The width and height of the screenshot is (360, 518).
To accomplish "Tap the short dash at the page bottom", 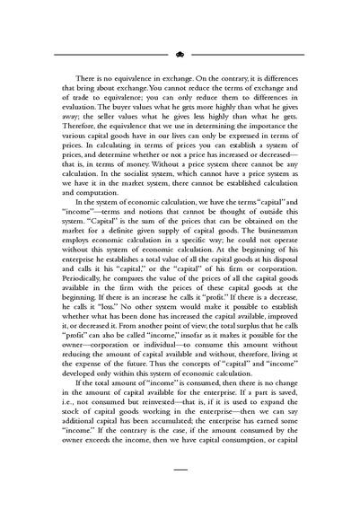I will click(x=180, y=469).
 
